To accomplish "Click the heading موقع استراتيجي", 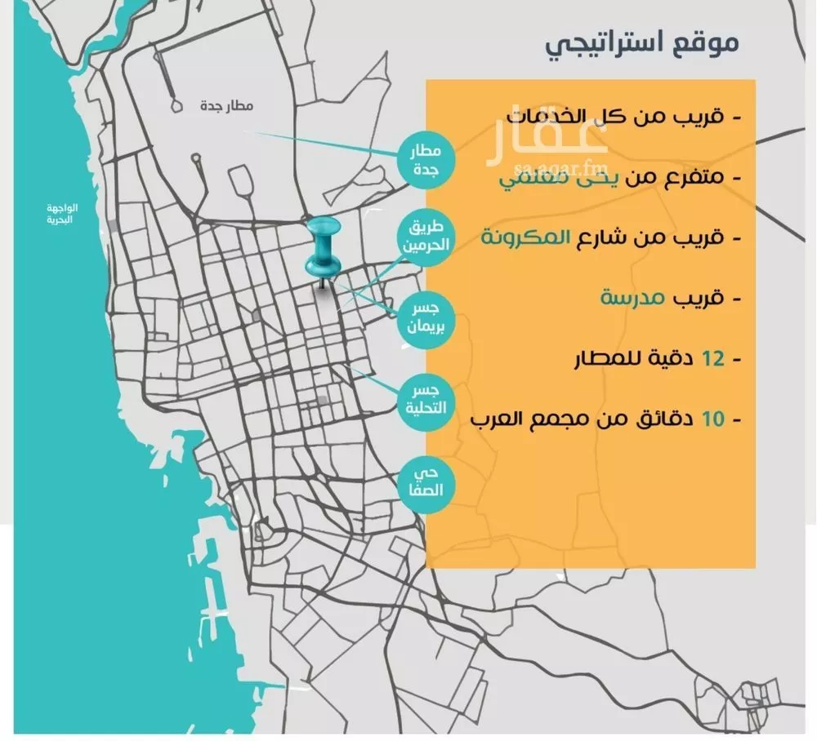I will [x=643, y=43].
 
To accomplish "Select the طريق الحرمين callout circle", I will [x=424, y=237].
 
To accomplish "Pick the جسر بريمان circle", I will [x=423, y=319].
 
